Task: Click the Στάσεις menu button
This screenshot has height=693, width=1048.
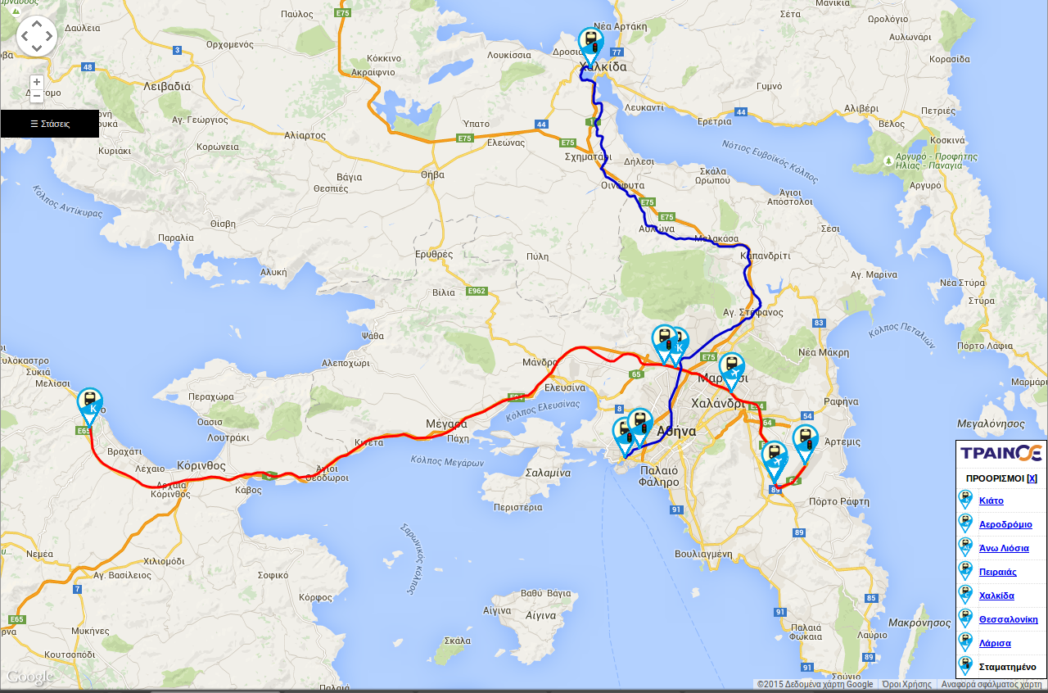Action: [49, 124]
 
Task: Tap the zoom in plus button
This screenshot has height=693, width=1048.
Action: [37, 82]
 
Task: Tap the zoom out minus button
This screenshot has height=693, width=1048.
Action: [37, 96]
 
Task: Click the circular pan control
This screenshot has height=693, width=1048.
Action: [37, 36]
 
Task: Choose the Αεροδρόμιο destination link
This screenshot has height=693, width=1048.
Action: [1005, 524]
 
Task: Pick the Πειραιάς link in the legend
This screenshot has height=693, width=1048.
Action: [997, 572]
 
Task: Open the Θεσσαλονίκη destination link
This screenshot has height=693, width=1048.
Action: [1008, 619]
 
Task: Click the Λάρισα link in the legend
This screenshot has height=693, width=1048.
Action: [995, 643]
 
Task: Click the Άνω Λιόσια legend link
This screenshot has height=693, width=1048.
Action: [1004, 548]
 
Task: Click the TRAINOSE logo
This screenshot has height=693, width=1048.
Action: [1001, 453]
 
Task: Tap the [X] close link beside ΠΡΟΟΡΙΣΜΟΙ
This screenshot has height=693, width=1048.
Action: [1032, 478]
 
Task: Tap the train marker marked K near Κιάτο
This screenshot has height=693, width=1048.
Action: [90, 404]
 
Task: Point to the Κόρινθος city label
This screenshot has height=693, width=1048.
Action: [201, 465]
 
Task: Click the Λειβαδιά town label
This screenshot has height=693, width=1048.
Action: [166, 86]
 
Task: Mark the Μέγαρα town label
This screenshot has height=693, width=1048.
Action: [446, 423]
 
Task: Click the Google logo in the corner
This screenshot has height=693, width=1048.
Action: [29, 677]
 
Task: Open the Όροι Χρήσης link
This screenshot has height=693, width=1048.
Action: [906, 684]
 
